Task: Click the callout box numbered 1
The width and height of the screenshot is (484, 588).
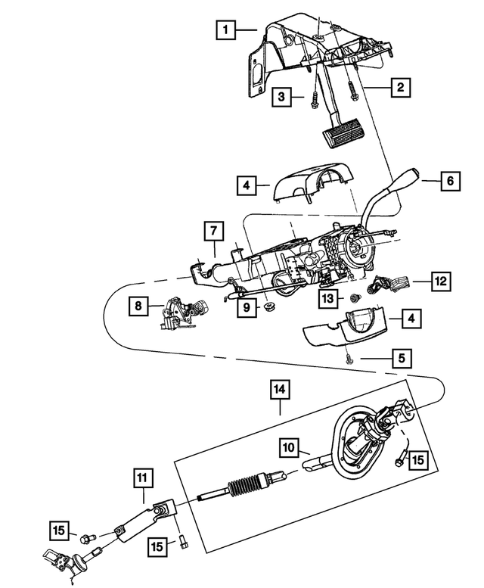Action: point(224,30)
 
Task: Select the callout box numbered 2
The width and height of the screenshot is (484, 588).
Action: point(400,89)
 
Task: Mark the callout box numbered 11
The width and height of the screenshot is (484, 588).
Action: point(144,478)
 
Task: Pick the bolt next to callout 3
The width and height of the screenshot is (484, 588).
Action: point(312,98)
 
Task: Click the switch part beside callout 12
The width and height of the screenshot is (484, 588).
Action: point(387,285)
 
